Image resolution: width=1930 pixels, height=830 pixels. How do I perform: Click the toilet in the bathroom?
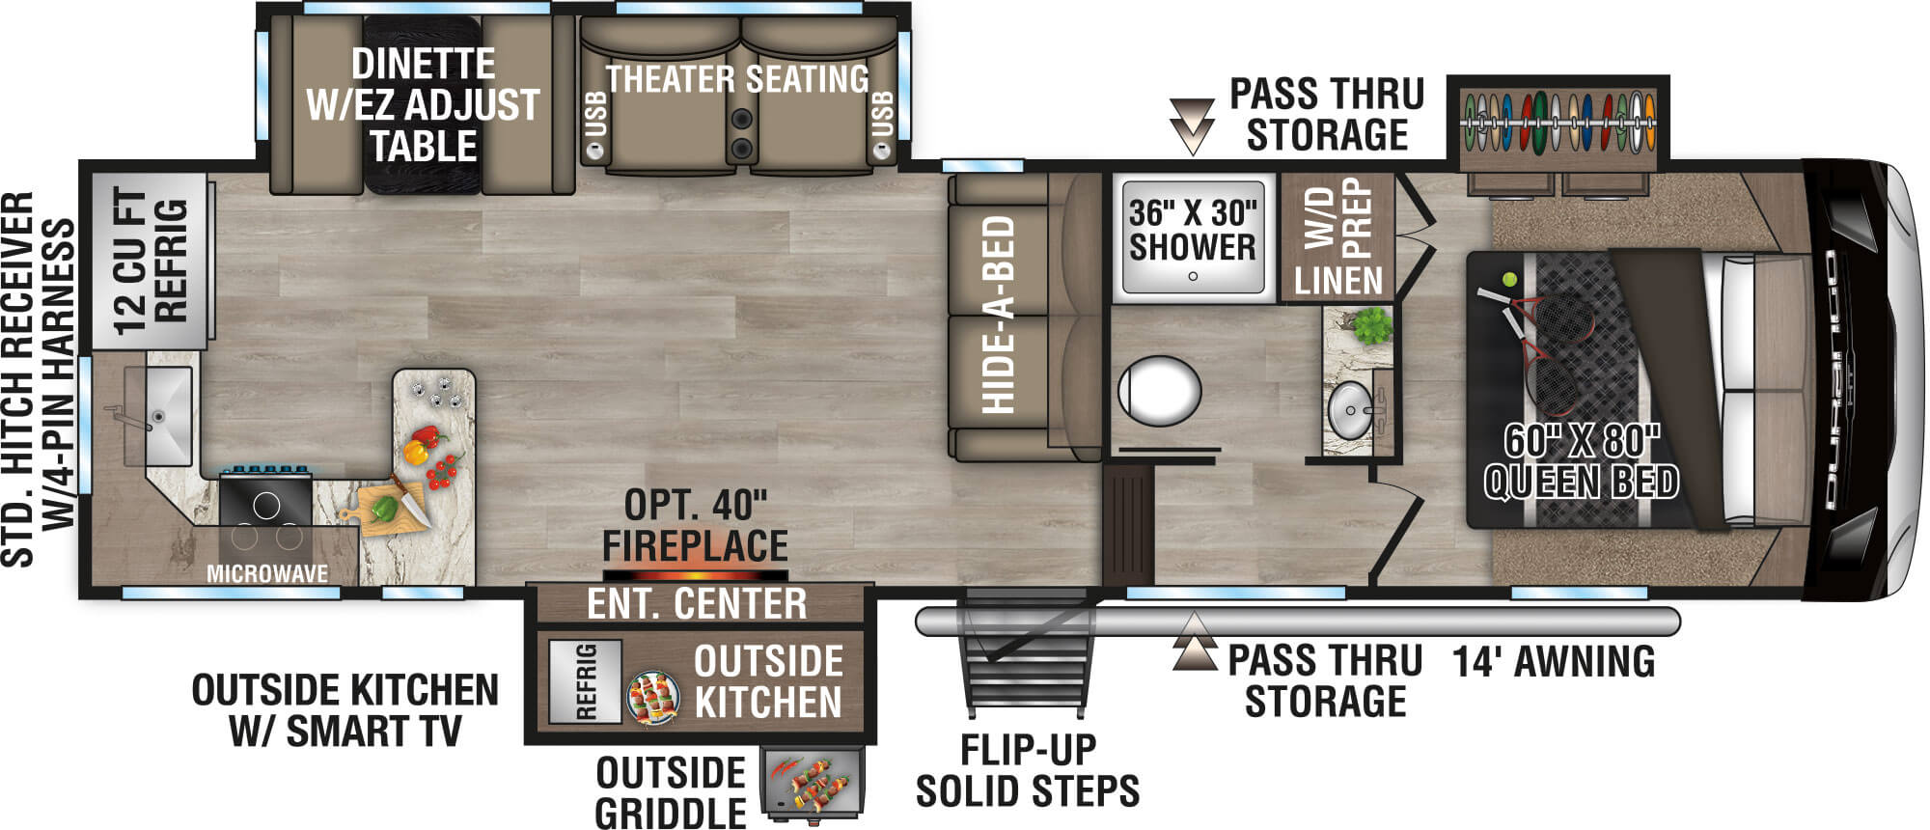pyautogui.click(x=1159, y=392)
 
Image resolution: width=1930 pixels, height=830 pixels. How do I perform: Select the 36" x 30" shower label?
pyautogui.click(x=1193, y=231)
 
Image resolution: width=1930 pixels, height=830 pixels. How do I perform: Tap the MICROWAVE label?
pyautogui.click(x=267, y=573)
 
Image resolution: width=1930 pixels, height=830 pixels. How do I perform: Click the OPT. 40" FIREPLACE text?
pyautogui.click(x=695, y=526)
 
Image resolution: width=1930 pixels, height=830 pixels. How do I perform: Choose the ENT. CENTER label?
pyautogui.click(x=697, y=604)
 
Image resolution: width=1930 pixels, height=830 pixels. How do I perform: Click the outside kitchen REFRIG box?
pyautogui.click(x=585, y=681)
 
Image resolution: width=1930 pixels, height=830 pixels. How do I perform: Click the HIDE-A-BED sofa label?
pyautogui.click(x=999, y=315)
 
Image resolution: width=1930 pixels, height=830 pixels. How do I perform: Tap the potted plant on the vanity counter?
pyautogui.click(x=1371, y=326)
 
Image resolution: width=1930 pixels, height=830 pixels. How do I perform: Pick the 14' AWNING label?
pyautogui.click(x=1554, y=662)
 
